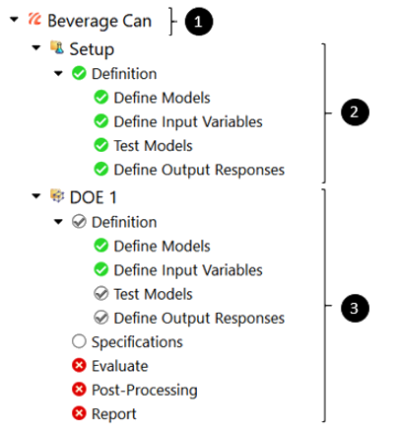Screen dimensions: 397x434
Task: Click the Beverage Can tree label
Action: click(99, 22)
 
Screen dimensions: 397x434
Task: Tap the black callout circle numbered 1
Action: click(199, 22)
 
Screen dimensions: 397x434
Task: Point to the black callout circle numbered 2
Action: click(355, 112)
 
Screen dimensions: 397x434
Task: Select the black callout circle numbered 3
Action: click(355, 308)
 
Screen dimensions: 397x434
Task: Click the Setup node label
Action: click(92, 49)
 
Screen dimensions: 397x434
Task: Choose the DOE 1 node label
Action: click(94, 197)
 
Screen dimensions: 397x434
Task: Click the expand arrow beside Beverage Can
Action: click(14, 20)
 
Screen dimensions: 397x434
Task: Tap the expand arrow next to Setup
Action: click(36, 48)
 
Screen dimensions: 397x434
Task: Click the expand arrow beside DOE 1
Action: click(36, 196)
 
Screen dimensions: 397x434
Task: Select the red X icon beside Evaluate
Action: click(79, 365)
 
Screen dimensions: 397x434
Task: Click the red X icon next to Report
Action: click(79, 413)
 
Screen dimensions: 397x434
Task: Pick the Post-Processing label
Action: click(145, 391)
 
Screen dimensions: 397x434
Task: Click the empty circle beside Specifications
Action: click(79, 341)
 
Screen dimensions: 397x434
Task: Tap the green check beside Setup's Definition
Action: click(79, 73)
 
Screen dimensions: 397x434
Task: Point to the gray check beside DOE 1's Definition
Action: click(79, 222)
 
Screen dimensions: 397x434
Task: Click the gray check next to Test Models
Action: click(101, 294)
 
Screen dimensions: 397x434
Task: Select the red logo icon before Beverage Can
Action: click(34, 19)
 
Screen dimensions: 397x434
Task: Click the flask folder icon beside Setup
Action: click(57, 47)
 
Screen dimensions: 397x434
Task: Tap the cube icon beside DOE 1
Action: click(57, 195)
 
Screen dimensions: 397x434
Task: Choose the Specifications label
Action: click(137, 342)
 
